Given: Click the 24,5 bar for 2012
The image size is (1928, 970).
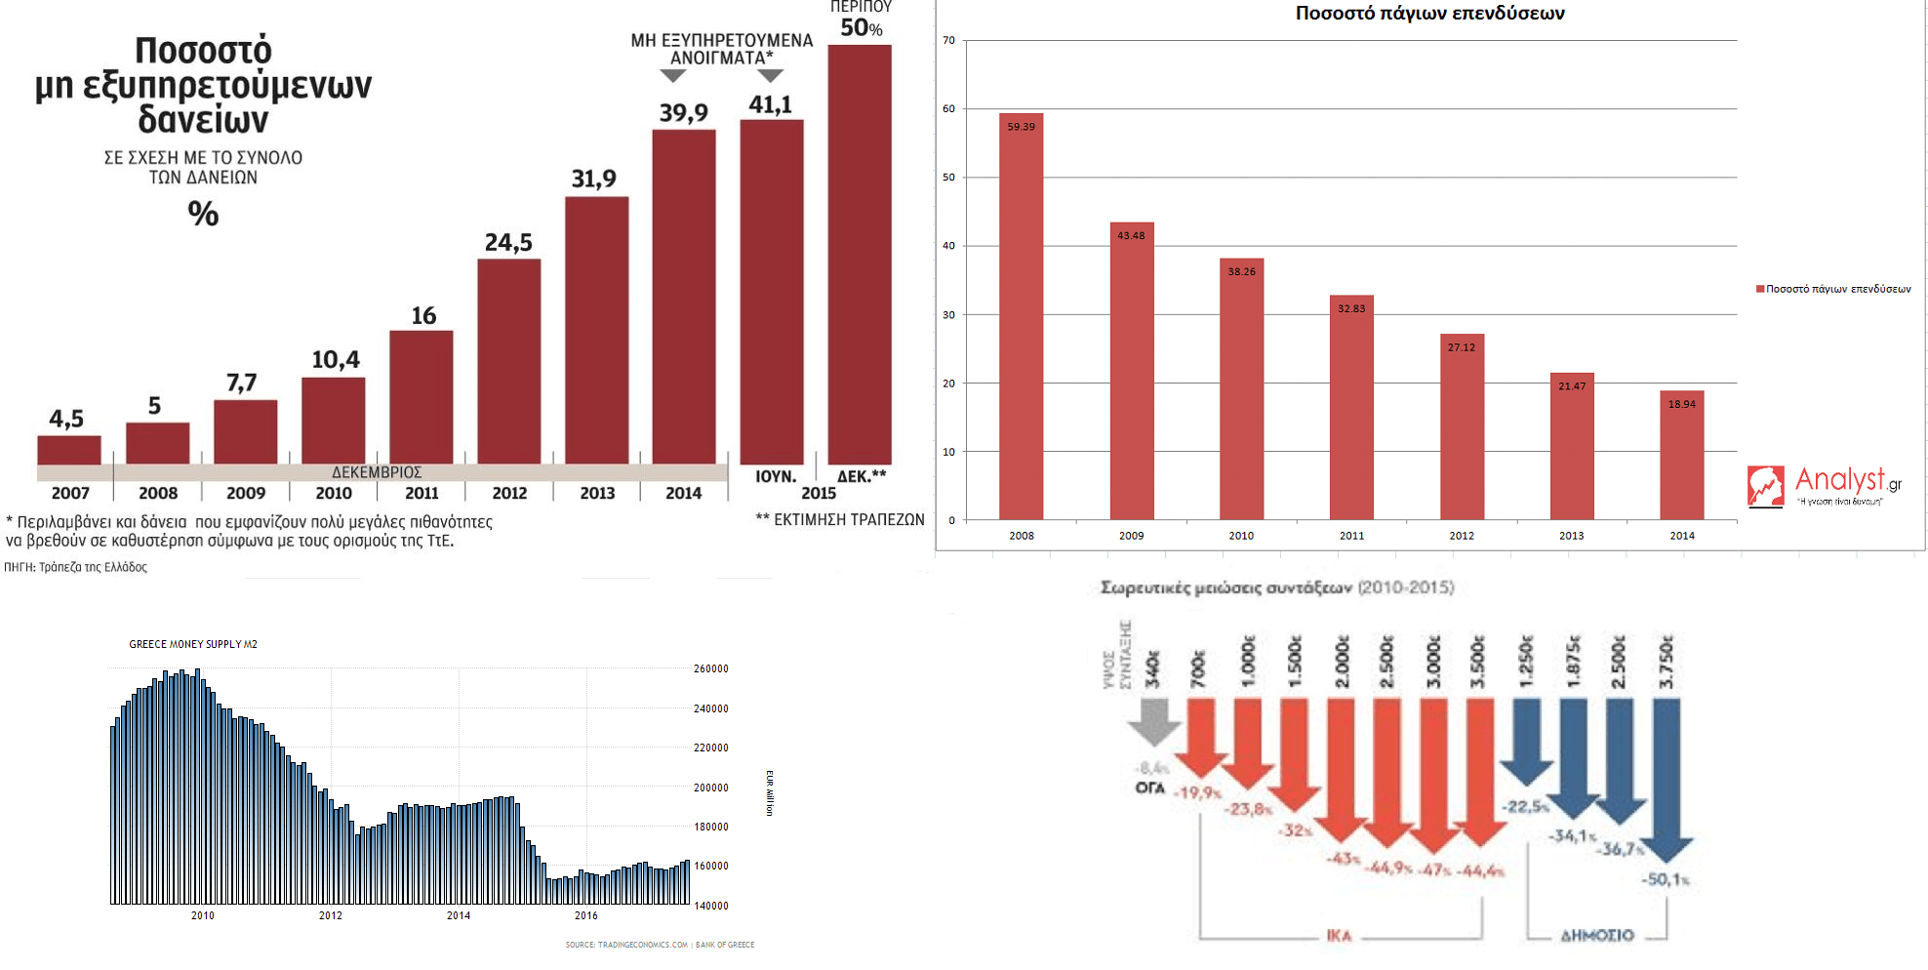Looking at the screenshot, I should (x=508, y=361).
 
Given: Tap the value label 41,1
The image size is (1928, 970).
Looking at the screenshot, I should (x=771, y=104).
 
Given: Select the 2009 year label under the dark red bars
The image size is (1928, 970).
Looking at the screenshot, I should (x=246, y=494).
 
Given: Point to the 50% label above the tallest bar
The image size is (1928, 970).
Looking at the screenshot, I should (x=861, y=28).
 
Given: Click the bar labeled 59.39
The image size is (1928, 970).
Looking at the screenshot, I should (x=1021, y=317).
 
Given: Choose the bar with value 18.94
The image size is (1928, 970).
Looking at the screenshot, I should (x=1681, y=455).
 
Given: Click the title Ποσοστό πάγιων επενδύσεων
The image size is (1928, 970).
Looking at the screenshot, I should (x=1429, y=14).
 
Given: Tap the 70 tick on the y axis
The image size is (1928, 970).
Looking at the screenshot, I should (x=949, y=41).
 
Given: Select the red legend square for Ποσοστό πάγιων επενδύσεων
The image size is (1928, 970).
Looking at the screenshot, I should (x=1760, y=289).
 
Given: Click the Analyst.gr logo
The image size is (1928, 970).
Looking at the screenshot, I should (x=1823, y=485).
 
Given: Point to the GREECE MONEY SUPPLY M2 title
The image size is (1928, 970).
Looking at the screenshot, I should (x=193, y=644).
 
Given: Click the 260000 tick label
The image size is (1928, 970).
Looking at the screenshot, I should (x=711, y=668).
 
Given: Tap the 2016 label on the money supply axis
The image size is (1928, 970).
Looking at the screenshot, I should (x=585, y=915).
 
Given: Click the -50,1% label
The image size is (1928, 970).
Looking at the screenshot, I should (x=1666, y=879).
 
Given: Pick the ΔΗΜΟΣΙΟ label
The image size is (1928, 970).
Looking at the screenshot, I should (x=1596, y=936).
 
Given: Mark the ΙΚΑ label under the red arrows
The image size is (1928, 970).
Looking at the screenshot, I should (x=1339, y=936).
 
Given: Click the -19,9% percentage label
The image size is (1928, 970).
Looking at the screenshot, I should (x=1198, y=792).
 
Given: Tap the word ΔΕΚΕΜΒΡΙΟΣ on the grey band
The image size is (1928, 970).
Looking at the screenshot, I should (x=377, y=472).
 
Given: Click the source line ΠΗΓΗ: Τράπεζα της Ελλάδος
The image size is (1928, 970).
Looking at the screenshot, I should (x=76, y=567).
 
